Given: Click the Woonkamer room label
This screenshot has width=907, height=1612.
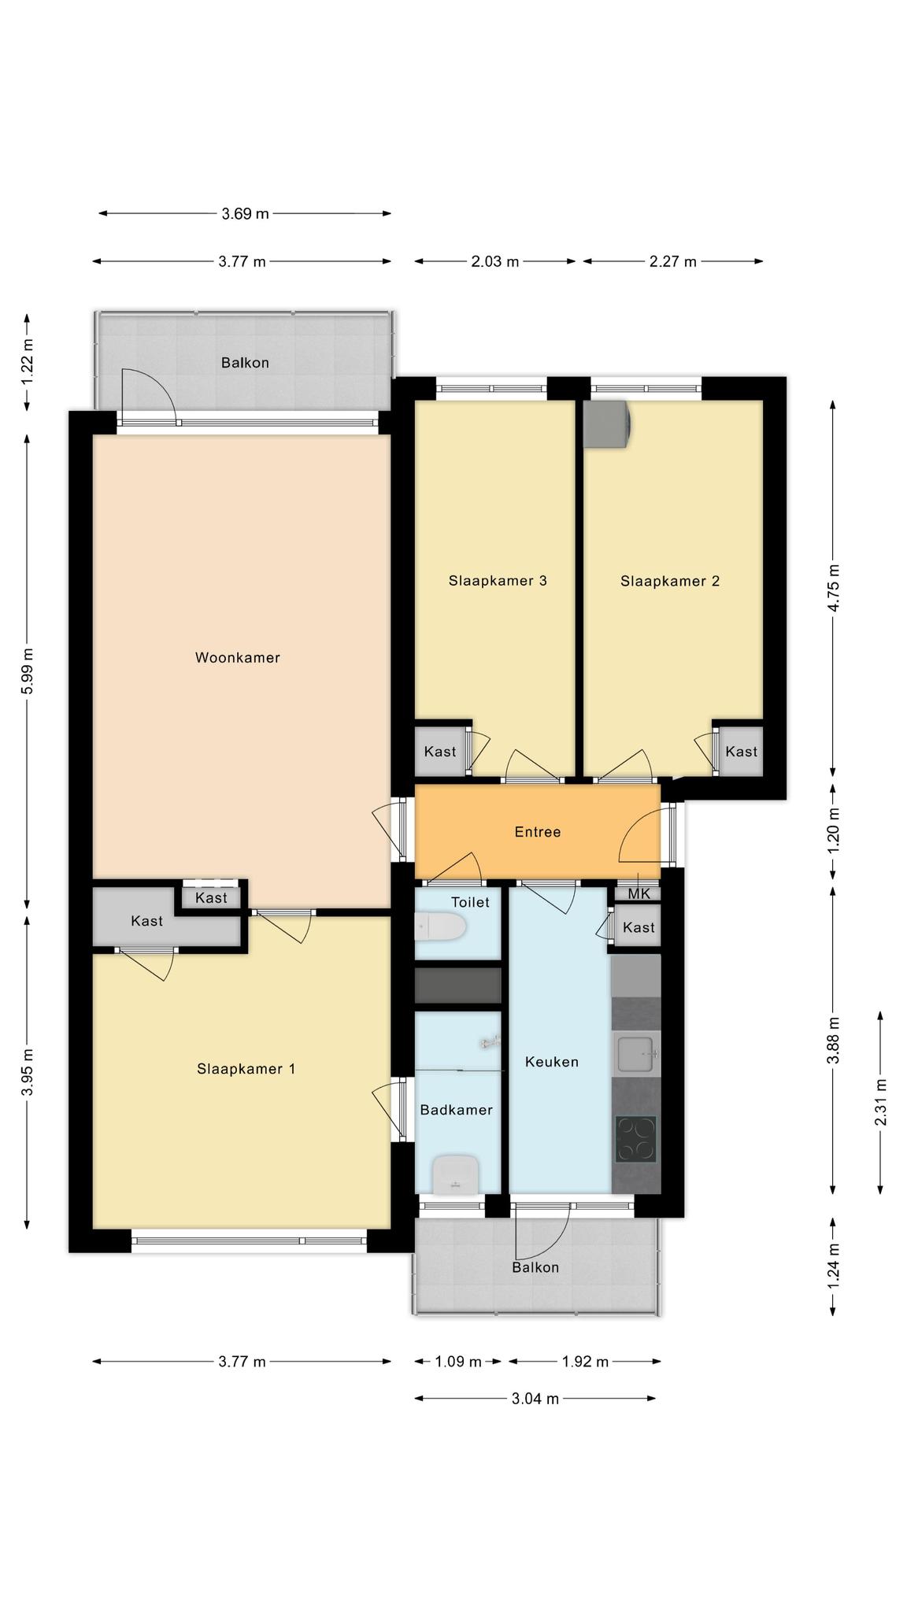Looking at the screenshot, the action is click(x=238, y=657).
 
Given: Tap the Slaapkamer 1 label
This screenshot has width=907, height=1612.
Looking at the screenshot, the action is click(x=246, y=1068).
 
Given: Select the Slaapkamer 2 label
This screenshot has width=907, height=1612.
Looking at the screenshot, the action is click(x=670, y=581).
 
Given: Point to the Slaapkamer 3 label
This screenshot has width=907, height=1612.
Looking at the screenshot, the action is click(x=498, y=581).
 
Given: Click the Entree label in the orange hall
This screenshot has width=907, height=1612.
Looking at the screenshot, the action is click(x=538, y=832).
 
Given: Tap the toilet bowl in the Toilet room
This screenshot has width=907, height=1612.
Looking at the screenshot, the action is click(x=439, y=926).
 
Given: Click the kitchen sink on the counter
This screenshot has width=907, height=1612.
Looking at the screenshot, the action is click(x=635, y=1055).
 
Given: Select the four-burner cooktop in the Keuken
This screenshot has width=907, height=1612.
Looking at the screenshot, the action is click(x=636, y=1139).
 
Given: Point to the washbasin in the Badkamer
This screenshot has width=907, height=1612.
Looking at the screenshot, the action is click(x=456, y=1174).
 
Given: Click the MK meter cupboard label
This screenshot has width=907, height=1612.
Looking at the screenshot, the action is click(x=639, y=893).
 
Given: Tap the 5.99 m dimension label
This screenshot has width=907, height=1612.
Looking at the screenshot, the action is click(x=28, y=671).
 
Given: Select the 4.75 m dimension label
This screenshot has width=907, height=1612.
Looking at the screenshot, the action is click(x=835, y=587).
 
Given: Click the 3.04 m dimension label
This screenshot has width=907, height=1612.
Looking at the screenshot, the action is click(x=535, y=1398).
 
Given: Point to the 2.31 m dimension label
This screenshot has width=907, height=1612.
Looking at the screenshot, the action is click(x=881, y=1102).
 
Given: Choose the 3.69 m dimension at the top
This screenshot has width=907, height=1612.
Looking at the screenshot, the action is click(x=246, y=213).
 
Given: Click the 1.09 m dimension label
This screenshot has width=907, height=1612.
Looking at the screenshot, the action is click(x=458, y=1361).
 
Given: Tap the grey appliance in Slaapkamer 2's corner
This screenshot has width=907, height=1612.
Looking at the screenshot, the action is click(x=607, y=424).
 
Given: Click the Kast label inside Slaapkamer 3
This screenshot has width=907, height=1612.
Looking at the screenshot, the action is click(x=440, y=752).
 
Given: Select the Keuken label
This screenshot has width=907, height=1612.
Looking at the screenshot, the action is click(x=552, y=1062).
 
